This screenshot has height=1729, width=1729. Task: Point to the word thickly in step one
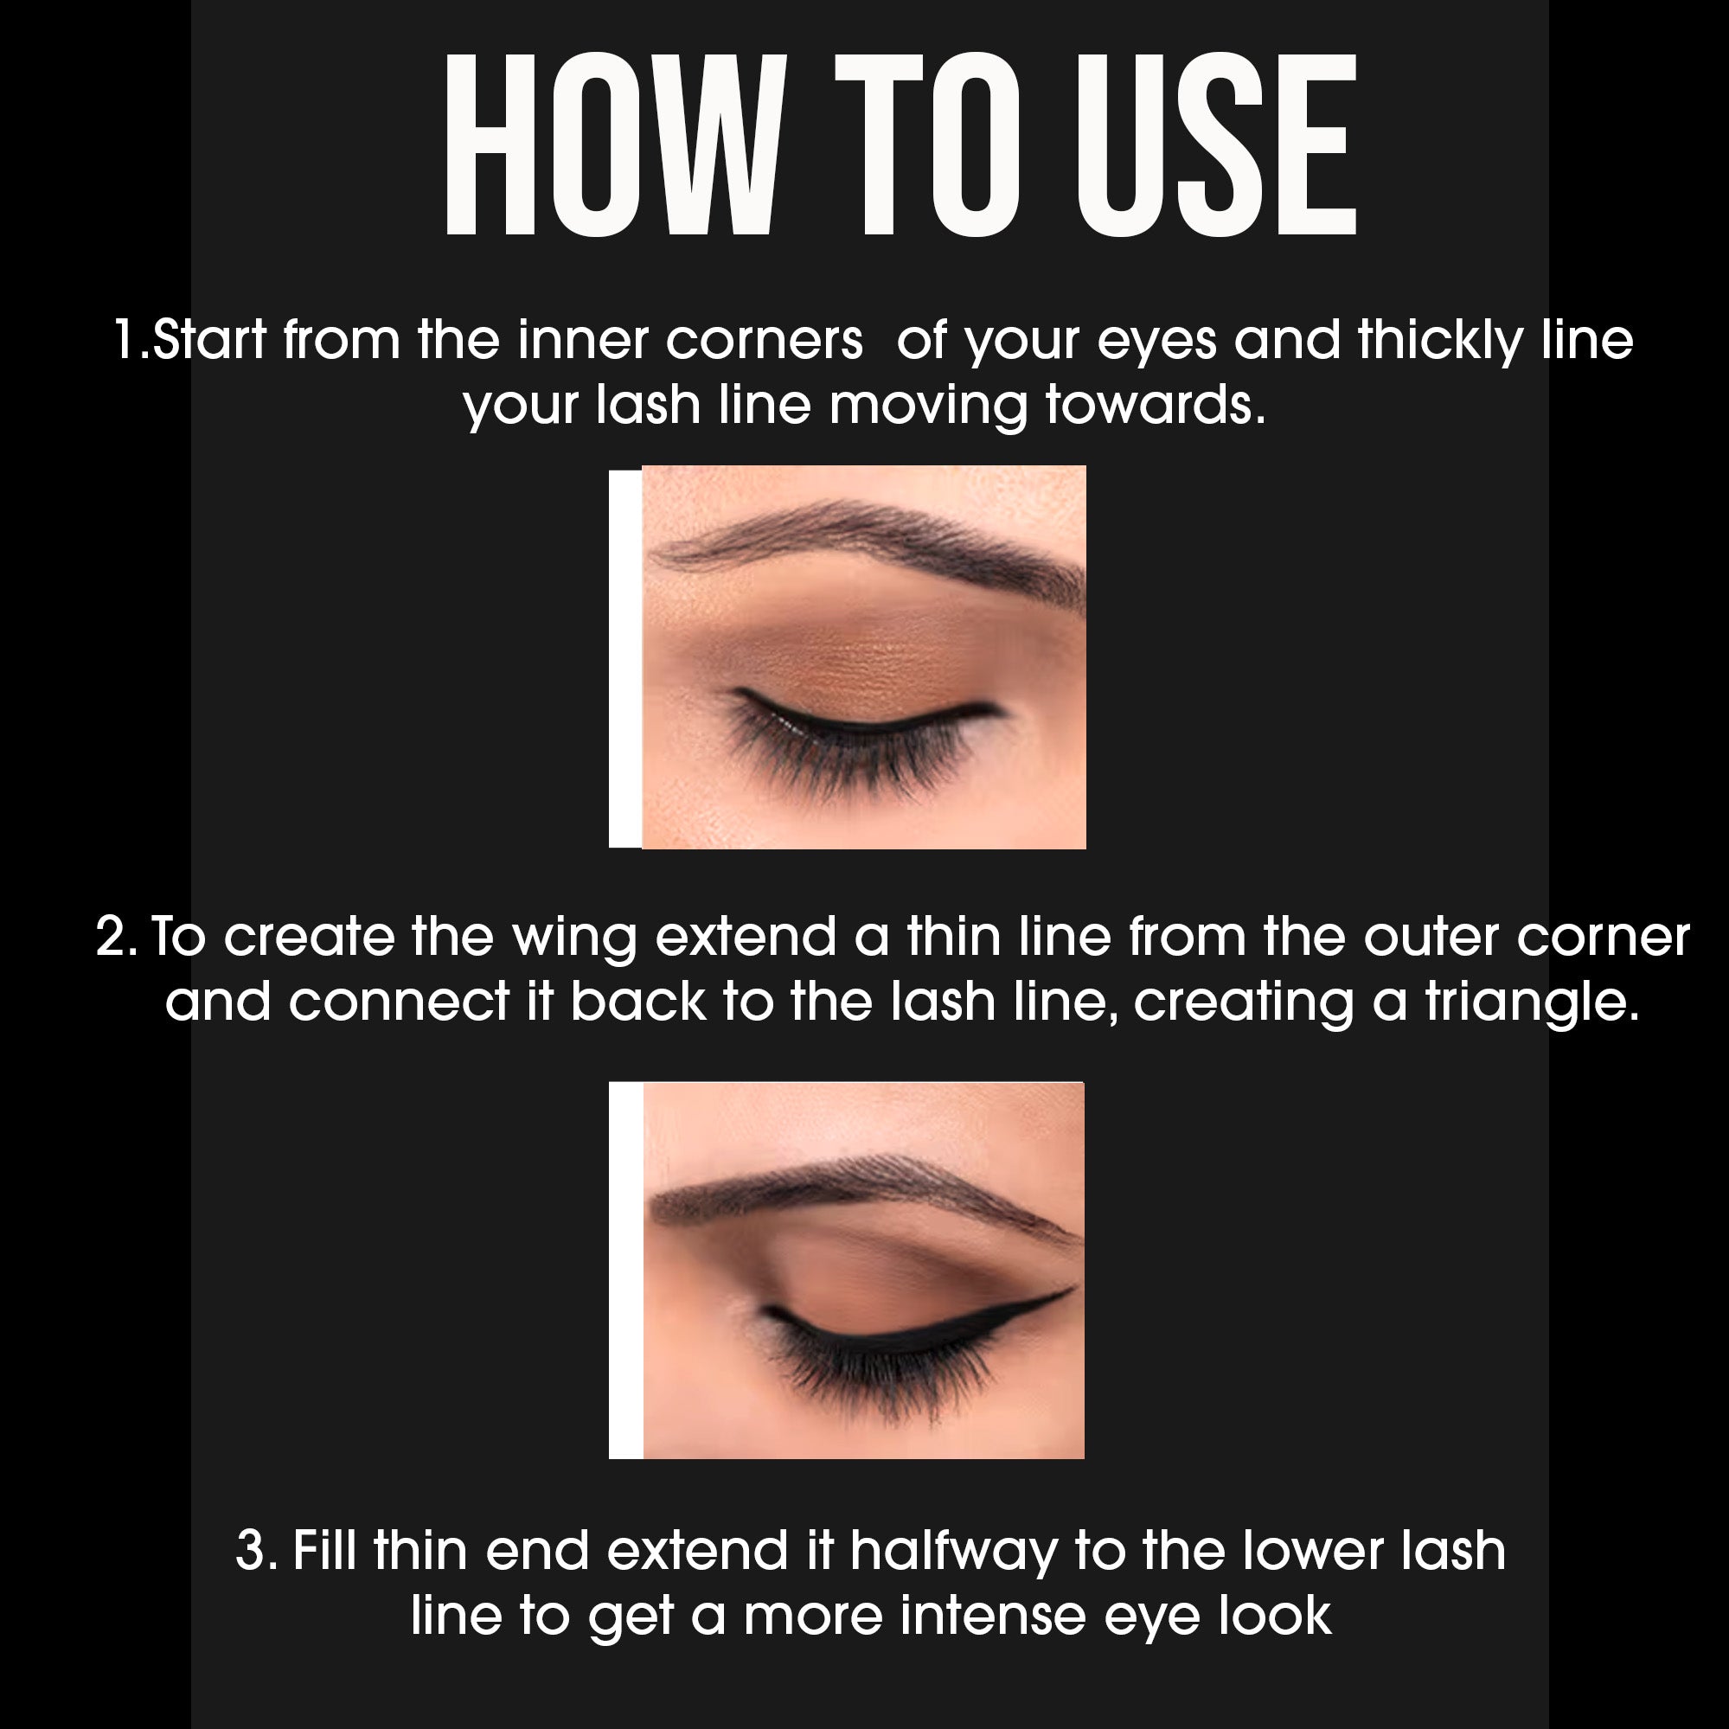[x=1439, y=342]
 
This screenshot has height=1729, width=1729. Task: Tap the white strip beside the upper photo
[x=624, y=657]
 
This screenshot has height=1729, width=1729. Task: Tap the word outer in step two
[x=1428, y=938]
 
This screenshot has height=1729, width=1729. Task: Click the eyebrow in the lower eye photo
[x=859, y=1190]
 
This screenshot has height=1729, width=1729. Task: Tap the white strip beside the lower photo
[x=625, y=1271]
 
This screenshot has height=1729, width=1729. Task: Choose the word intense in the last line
[x=993, y=1617]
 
